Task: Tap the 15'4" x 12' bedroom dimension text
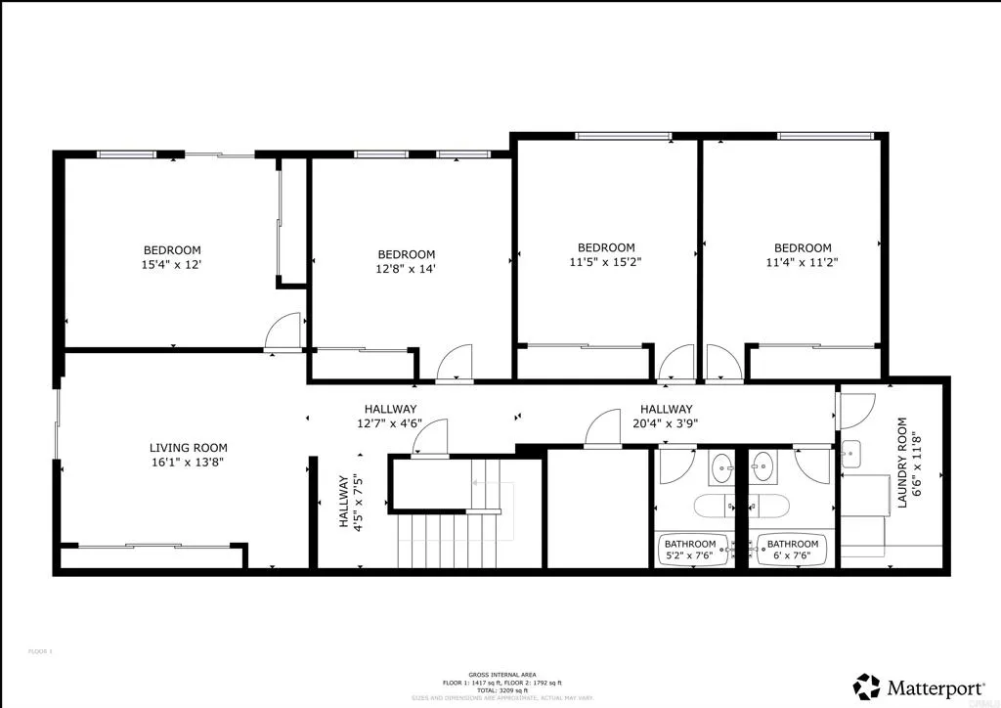[173, 265]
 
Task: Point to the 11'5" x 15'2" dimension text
[606, 262]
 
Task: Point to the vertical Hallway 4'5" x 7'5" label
[350, 502]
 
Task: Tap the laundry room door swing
[857, 409]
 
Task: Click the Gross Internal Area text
[500, 676]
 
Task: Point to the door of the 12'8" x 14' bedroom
[456, 364]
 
